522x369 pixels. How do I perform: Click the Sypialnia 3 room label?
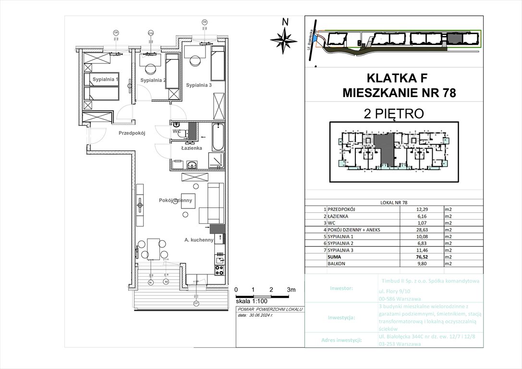click(x=199, y=85)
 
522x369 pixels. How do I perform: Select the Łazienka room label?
click(x=191, y=148)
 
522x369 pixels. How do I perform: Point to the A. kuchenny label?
click(x=198, y=240)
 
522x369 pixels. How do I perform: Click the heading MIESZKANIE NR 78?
click(x=399, y=92)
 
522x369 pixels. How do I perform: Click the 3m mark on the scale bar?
click(x=291, y=290)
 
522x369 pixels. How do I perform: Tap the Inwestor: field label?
click(x=341, y=288)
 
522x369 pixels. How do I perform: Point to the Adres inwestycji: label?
click(x=341, y=340)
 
